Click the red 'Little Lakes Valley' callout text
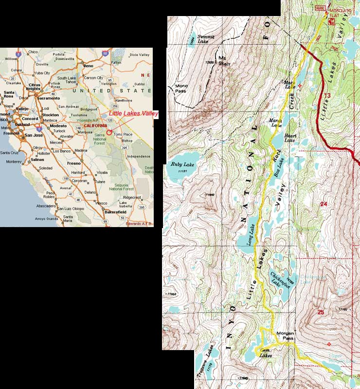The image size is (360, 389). [134, 114]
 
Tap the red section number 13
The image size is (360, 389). [327, 95]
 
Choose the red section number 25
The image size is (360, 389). [320, 312]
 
